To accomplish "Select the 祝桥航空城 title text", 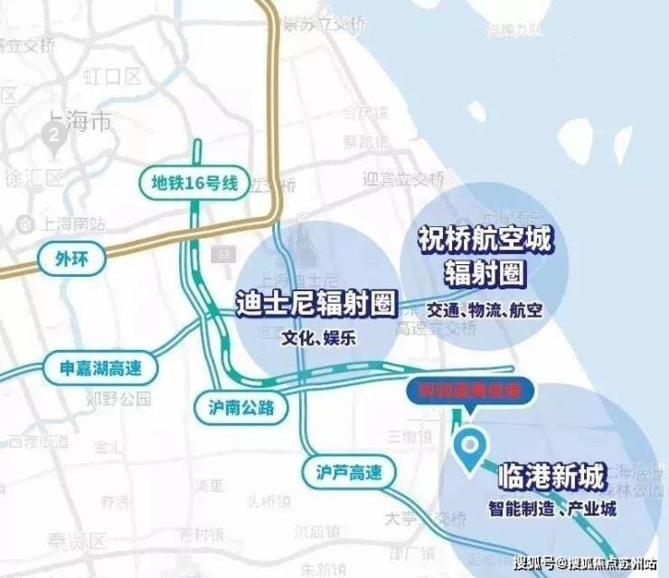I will pos(485,239).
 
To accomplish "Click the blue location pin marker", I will pos(468,448).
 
